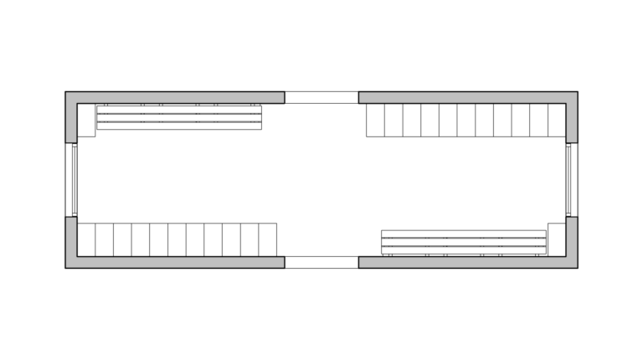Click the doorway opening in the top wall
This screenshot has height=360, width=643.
pyautogui.click(x=321, y=97)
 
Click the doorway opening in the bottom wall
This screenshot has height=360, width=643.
pyautogui.click(x=321, y=262)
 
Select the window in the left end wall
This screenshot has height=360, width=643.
pyautogui.click(x=74, y=180)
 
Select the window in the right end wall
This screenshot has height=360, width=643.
pyautogui.click(x=569, y=180)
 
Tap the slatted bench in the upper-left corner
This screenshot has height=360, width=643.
pyautogui.click(x=179, y=117)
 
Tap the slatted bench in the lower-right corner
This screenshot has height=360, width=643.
pyautogui.click(x=464, y=242)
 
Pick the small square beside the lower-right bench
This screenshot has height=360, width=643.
pyautogui.click(x=556, y=239)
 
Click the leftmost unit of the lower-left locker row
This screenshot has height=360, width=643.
pyautogui.click(x=86, y=239)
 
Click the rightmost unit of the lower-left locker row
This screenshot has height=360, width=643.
pyautogui.click(x=268, y=239)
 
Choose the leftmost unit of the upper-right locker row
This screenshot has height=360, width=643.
pyautogui.click(x=375, y=120)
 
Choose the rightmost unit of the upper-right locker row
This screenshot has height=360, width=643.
pyautogui.click(x=557, y=120)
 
